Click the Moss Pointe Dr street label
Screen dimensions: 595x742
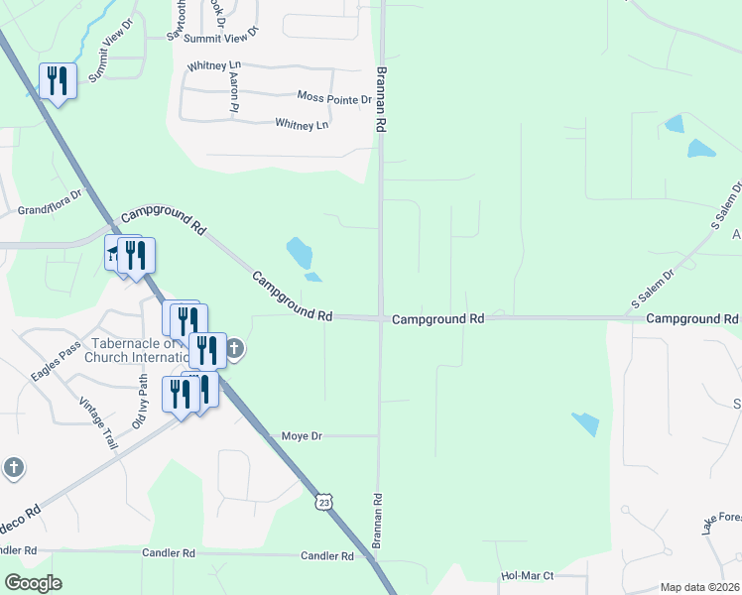tap(334, 97)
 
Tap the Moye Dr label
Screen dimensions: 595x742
tap(303, 435)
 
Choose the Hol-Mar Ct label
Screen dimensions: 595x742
tap(527, 575)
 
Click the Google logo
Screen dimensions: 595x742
tap(34, 583)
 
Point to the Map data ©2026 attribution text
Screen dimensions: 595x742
tap(699, 587)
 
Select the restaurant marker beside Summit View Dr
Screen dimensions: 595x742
tap(58, 81)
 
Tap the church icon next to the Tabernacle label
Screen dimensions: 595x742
tap(235, 348)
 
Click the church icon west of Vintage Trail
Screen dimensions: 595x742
tap(13, 467)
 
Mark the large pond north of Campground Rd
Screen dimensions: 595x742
tap(299, 253)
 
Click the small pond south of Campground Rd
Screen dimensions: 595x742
tap(585, 423)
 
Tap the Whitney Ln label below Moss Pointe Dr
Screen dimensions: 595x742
tap(302, 125)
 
